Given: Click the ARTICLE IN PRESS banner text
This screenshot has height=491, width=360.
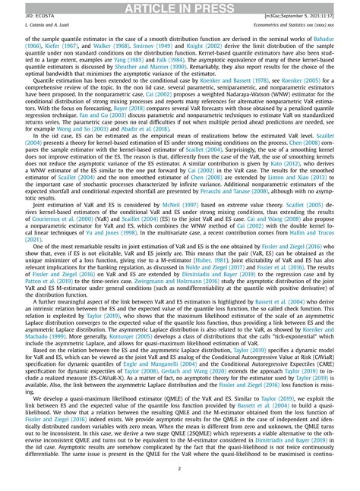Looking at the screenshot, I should pyautogui.click(x=179, y=7).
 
